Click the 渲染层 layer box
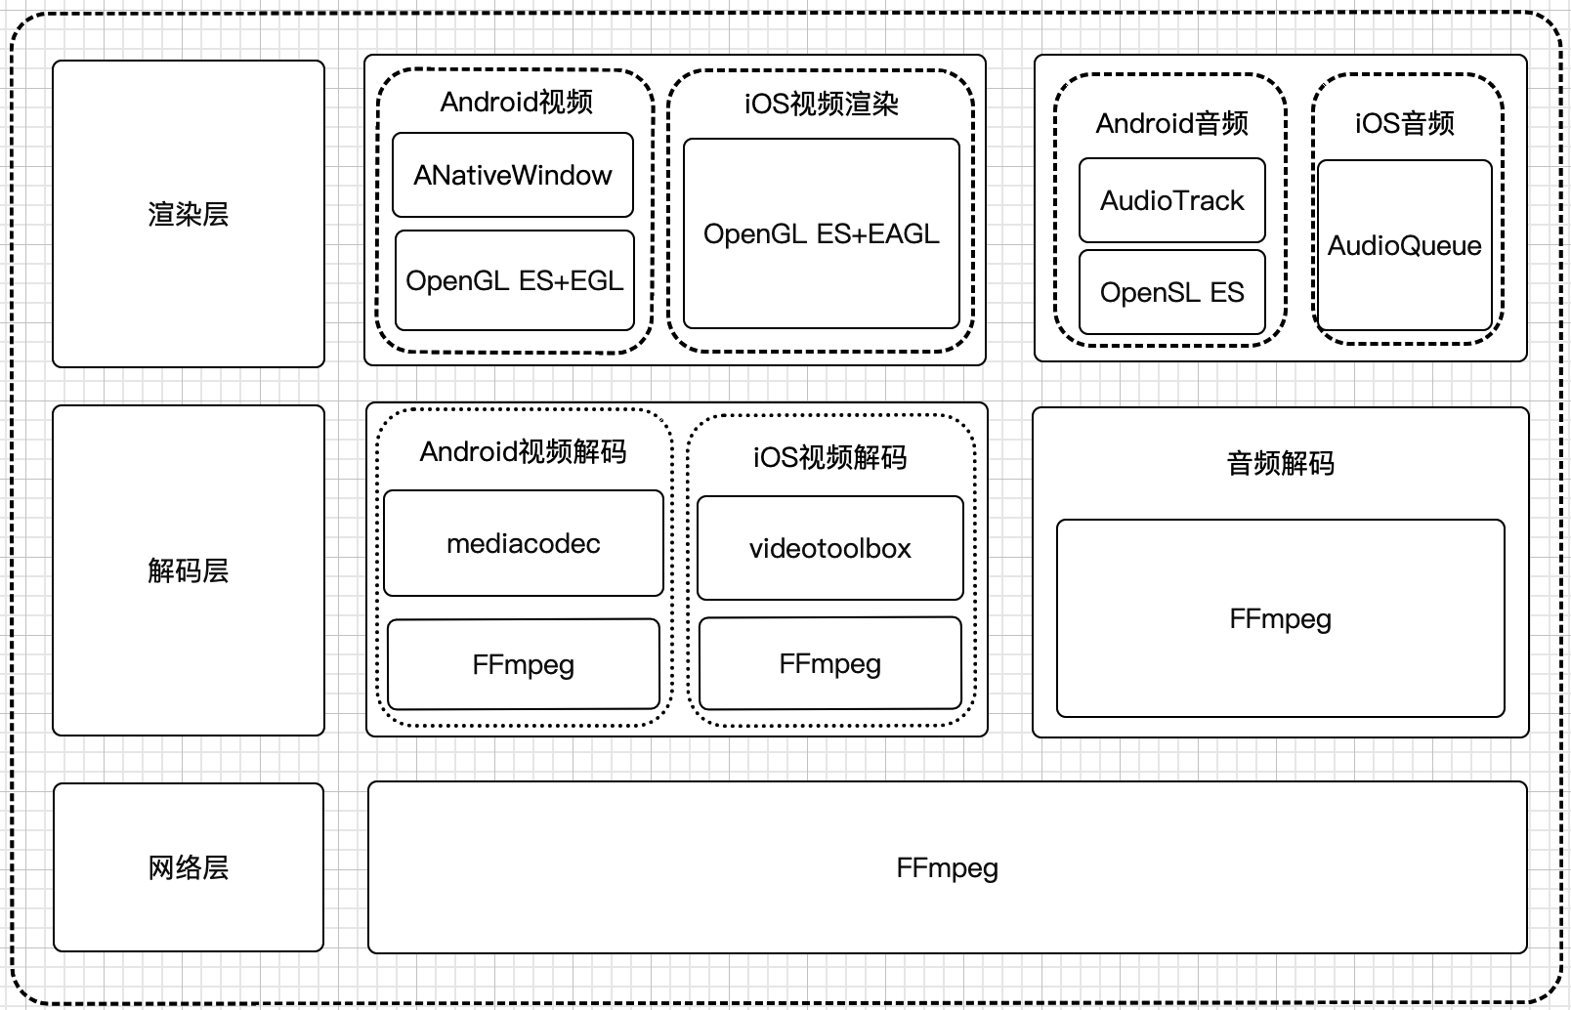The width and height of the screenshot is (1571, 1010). coord(188,214)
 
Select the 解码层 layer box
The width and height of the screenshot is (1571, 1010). coord(188,570)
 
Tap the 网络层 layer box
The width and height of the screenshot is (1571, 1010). coord(188,867)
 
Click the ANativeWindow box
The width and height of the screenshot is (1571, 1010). coord(513,175)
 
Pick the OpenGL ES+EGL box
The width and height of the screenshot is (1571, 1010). coord(515,280)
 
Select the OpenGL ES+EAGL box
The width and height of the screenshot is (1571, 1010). coord(821,233)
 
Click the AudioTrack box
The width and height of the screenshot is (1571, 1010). coord(1171,200)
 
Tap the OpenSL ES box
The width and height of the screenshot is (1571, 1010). coord(1171,292)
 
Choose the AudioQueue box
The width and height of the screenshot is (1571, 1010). coord(1404,245)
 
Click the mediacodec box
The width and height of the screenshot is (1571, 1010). coord(524,543)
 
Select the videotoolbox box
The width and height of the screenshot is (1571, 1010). coord(829,548)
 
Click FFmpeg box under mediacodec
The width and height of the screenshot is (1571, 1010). coord(524,664)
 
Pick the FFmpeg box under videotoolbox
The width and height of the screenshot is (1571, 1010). coord(829,663)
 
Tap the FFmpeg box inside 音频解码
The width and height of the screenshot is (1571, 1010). coord(1280,618)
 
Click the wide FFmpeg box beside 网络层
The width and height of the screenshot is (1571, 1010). coord(947,867)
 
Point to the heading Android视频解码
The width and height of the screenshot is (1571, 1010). coord(523,451)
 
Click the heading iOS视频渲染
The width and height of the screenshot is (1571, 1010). coord(821,104)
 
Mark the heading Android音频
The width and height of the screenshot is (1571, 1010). coord(1171,123)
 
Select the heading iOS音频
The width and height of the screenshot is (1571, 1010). coord(1404,123)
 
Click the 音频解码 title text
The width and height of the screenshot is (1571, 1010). coord(1280,462)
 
